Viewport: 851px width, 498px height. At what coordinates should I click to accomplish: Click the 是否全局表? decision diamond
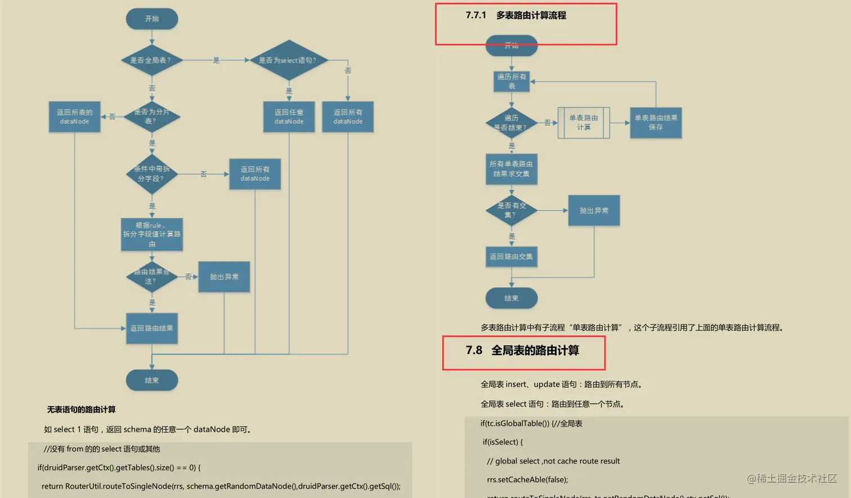(151, 60)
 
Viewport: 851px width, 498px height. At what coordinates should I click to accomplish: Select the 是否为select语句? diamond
(288, 60)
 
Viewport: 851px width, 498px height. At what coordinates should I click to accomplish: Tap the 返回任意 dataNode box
(289, 117)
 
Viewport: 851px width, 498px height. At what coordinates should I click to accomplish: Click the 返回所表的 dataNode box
(74, 117)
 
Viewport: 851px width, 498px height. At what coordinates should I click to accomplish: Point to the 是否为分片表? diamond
(151, 116)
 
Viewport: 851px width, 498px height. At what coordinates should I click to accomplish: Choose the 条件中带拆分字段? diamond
(151, 174)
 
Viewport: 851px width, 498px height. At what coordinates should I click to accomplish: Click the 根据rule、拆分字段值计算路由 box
(151, 234)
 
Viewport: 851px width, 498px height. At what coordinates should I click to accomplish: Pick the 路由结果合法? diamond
(151, 276)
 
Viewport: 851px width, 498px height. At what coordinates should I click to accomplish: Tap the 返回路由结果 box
(151, 328)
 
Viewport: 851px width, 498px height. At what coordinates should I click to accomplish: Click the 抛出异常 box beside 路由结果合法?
(224, 277)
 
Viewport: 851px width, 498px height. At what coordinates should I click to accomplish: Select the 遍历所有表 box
(511, 82)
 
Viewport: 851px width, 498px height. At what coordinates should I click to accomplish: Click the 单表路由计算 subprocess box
(583, 123)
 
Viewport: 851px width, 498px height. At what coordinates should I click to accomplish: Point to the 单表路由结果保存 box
(656, 123)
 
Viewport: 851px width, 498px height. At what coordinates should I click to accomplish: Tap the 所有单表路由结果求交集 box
(511, 169)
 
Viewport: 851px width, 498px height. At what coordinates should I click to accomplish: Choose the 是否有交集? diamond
(511, 210)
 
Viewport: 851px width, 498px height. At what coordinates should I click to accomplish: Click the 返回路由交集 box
(511, 257)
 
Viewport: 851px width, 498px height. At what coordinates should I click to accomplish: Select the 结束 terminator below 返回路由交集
(511, 298)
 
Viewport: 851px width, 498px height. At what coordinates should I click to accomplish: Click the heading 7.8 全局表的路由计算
(523, 351)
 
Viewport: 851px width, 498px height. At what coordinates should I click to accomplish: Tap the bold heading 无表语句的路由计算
(81, 410)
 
